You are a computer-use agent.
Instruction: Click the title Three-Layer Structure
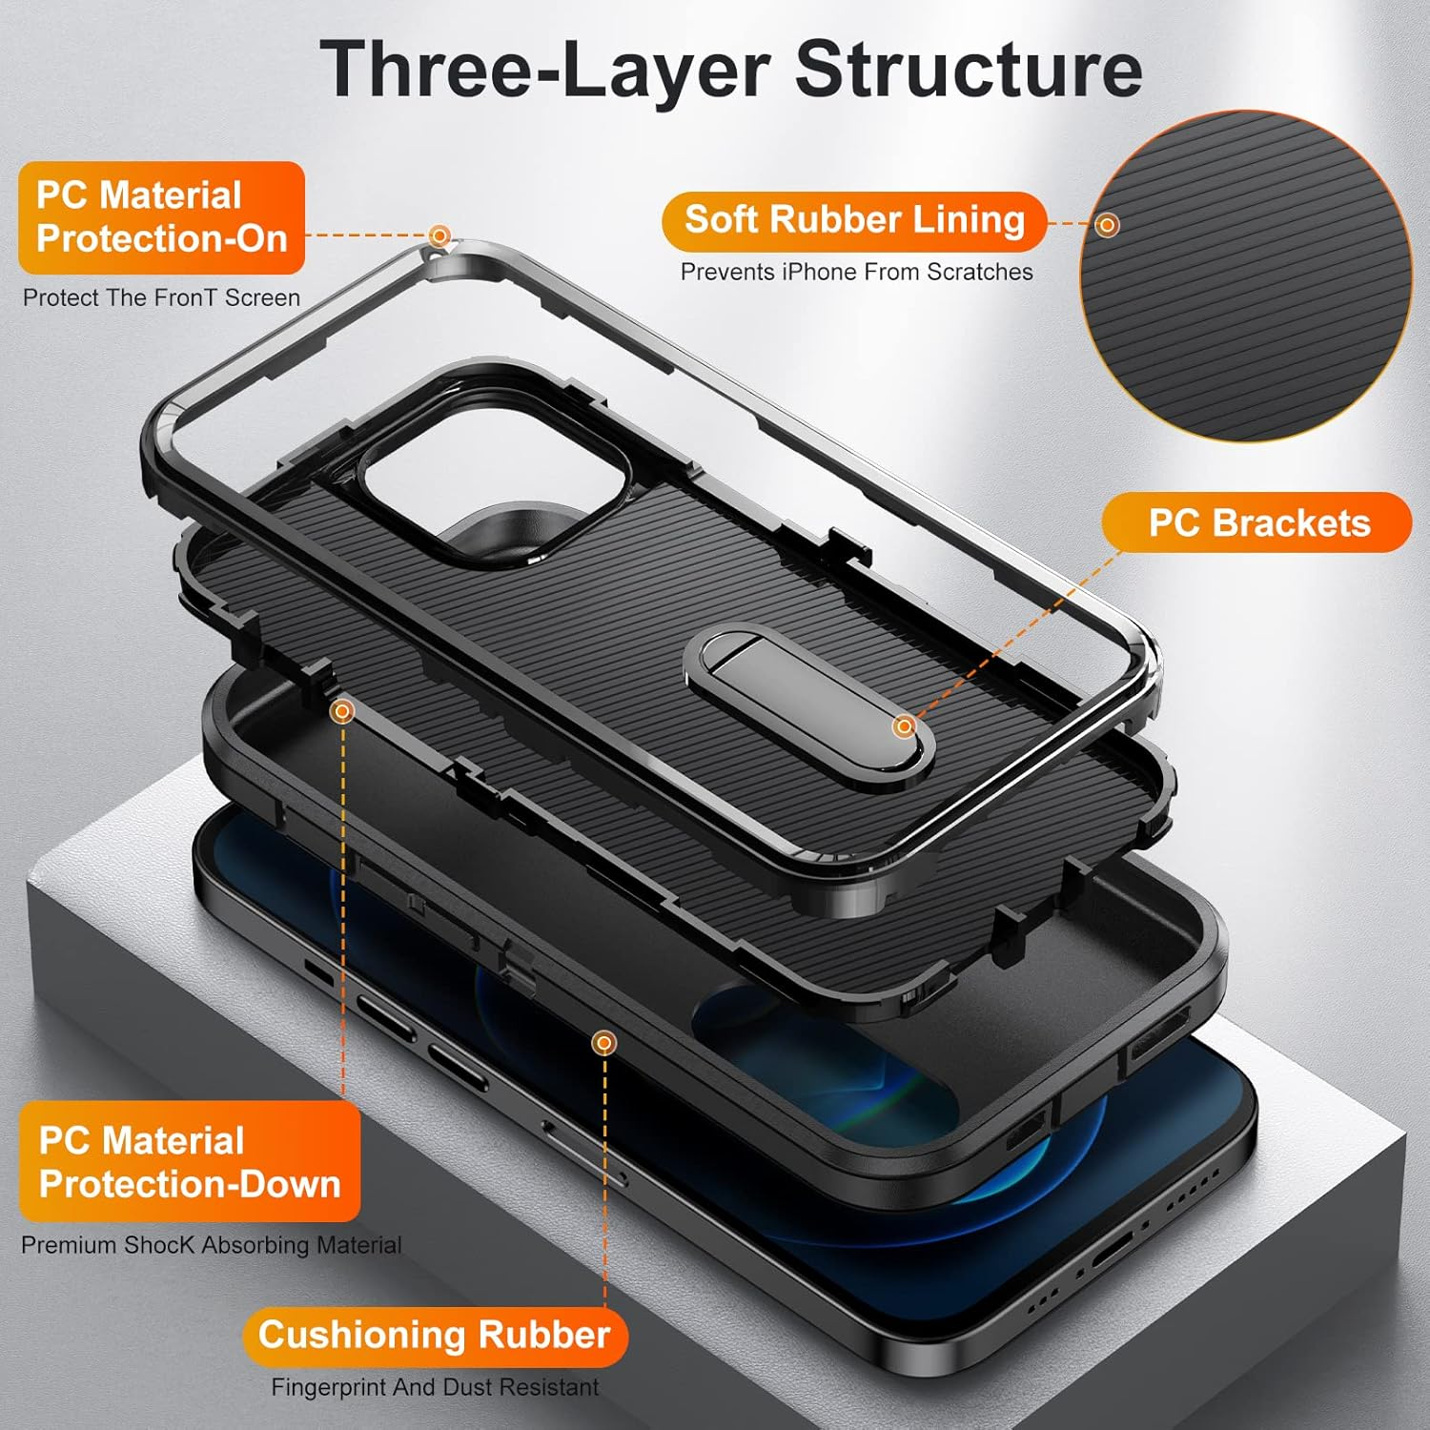pyautogui.click(x=730, y=69)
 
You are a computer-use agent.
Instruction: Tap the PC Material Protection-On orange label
pyautogui.click(x=161, y=217)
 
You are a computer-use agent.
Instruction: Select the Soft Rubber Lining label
pyautogui.click(x=854, y=220)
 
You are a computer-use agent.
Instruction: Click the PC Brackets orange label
pyautogui.click(x=1257, y=522)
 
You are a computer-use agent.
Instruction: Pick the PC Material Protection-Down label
pyautogui.click(x=189, y=1162)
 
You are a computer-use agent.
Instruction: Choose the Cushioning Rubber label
pyautogui.click(x=434, y=1336)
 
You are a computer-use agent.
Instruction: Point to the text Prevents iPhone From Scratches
pyautogui.click(x=856, y=273)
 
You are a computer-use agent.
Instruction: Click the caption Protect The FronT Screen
pyautogui.click(x=161, y=298)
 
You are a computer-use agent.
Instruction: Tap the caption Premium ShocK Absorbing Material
pyautogui.click(x=211, y=1246)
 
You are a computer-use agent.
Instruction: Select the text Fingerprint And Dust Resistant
pyautogui.click(x=435, y=1388)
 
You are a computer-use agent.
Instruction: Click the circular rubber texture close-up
pyautogui.click(x=1244, y=276)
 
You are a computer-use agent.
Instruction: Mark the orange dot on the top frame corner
pyautogui.click(x=439, y=235)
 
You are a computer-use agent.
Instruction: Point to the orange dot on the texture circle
pyautogui.click(x=1107, y=226)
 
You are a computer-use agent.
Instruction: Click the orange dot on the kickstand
pyautogui.click(x=904, y=727)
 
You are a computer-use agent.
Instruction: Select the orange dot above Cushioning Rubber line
pyautogui.click(x=603, y=1043)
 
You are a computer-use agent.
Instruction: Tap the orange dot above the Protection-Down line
pyautogui.click(x=342, y=711)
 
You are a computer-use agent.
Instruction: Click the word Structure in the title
pyautogui.click(x=969, y=69)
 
